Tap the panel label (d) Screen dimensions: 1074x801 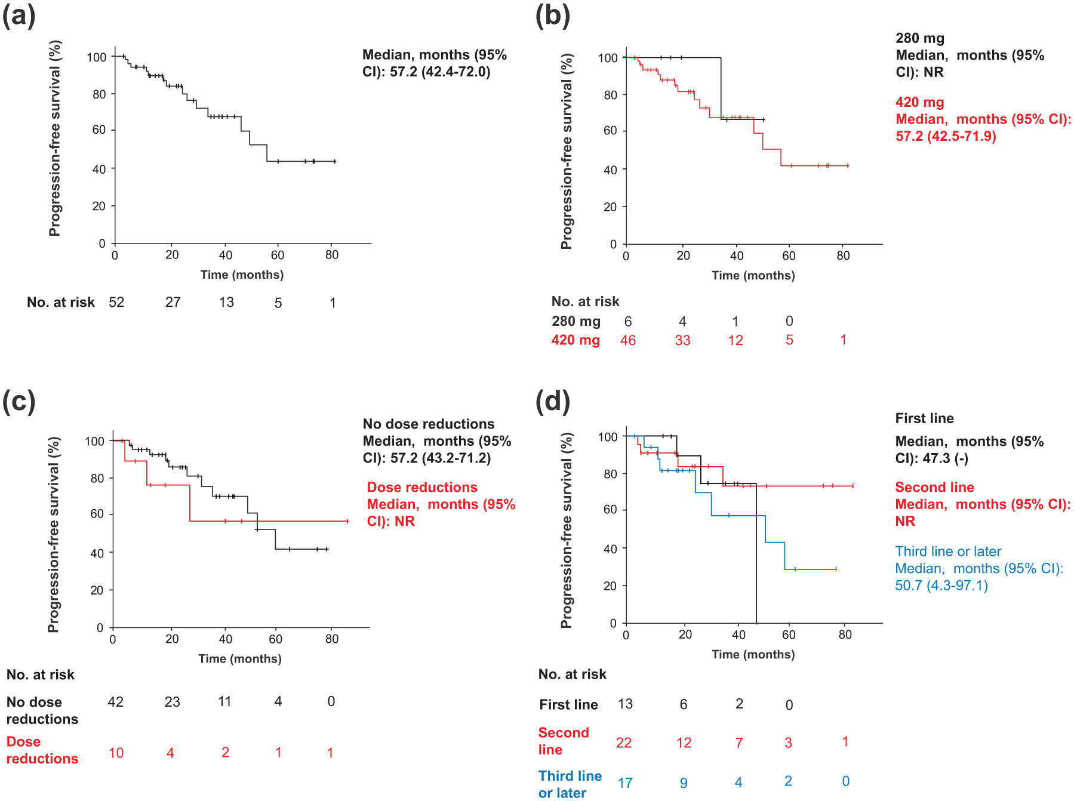[553, 402]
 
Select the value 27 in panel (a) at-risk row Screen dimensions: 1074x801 [173, 303]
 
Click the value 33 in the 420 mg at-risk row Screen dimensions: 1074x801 [682, 340]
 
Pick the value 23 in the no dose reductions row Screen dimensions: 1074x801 [172, 702]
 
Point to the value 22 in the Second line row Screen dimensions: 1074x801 [624, 743]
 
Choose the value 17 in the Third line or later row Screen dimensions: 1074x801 [625, 782]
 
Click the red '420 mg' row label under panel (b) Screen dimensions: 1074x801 [576, 340]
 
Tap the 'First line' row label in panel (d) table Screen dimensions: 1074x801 [568, 705]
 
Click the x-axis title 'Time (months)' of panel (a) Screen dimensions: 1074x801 [242, 275]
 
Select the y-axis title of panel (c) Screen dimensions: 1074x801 [54, 535]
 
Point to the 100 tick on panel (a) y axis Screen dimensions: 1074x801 [97, 57]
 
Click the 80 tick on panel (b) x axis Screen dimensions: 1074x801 [843, 256]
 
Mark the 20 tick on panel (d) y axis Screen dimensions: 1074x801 [610, 586]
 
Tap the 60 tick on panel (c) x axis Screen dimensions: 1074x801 [275, 639]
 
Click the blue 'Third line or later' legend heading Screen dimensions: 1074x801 [948, 552]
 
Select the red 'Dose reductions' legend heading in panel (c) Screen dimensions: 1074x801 [422, 488]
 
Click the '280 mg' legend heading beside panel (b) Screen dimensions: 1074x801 [920, 39]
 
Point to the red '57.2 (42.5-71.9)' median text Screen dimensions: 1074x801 [946, 136]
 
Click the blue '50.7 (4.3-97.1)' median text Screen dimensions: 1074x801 [941, 586]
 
